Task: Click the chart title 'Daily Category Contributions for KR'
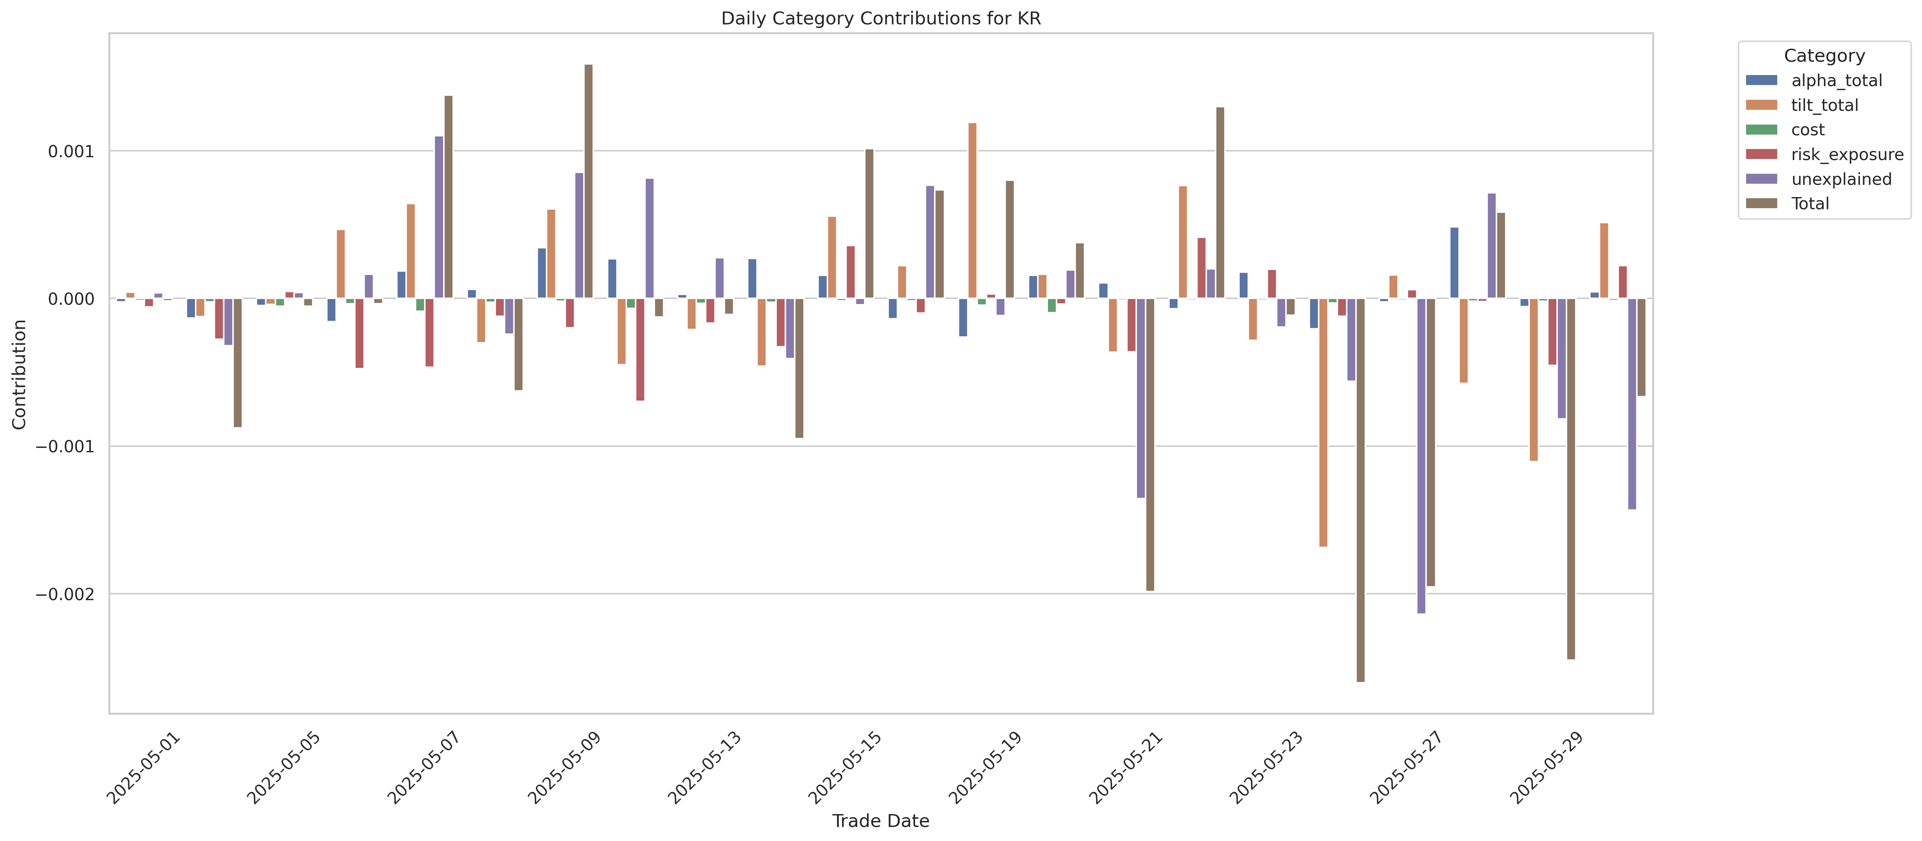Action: click(x=881, y=19)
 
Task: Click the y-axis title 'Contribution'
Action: click(x=19, y=374)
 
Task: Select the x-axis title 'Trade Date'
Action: click(x=881, y=821)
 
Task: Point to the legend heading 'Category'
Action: click(x=1824, y=56)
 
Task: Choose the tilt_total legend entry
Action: click(x=1824, y=105)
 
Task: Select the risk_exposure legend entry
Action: click(x=1847, y=154)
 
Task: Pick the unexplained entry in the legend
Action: click(x=1841, y=179)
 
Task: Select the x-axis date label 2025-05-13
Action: click(x=705, y=768)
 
